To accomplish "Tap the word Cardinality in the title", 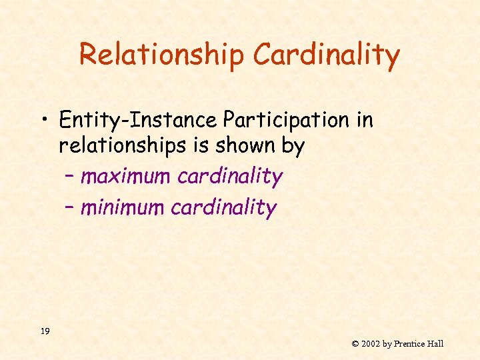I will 326,55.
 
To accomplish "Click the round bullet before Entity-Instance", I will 45,121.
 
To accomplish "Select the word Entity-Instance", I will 138,120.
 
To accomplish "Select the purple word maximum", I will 125,177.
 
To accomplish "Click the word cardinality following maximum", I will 230,177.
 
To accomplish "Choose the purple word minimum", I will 122,208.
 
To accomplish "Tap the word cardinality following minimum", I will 223,208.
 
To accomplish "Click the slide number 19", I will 45,331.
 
